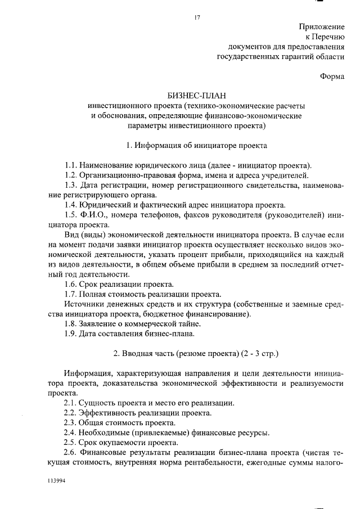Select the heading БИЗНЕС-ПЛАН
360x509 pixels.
pos(196,95)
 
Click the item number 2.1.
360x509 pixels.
pos(71,403)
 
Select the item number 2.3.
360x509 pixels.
pos(71,422)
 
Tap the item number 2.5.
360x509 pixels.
pos(71,442)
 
